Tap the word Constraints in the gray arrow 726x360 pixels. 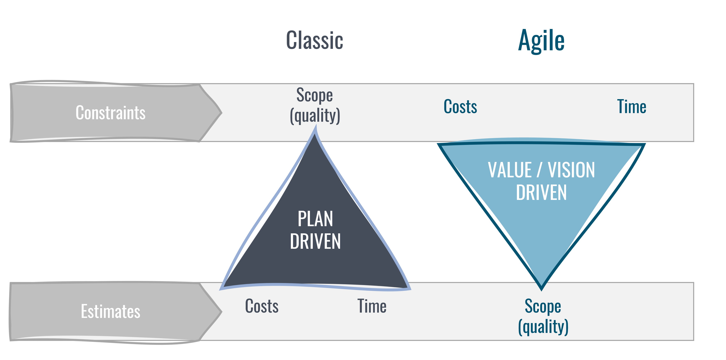(x=110, y=113)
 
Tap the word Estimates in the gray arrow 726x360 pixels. (x=110, y=312)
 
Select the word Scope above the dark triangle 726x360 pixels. (x=314, y=95)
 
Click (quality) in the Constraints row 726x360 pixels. (x=315, y=115)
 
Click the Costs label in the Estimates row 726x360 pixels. (x=262, y=306)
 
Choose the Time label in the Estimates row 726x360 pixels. (x=372, y=306)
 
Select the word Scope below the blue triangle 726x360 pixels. (x=543, y=306)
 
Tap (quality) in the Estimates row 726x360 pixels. (x=543, y=327)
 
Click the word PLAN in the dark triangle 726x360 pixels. (x=315, y=219)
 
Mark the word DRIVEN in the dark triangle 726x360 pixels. (x=315, y=242)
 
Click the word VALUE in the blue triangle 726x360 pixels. (x=510, y=170)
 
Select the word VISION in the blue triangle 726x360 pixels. (x=571, y=170)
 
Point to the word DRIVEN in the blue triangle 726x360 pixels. (x=541, y=193)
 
